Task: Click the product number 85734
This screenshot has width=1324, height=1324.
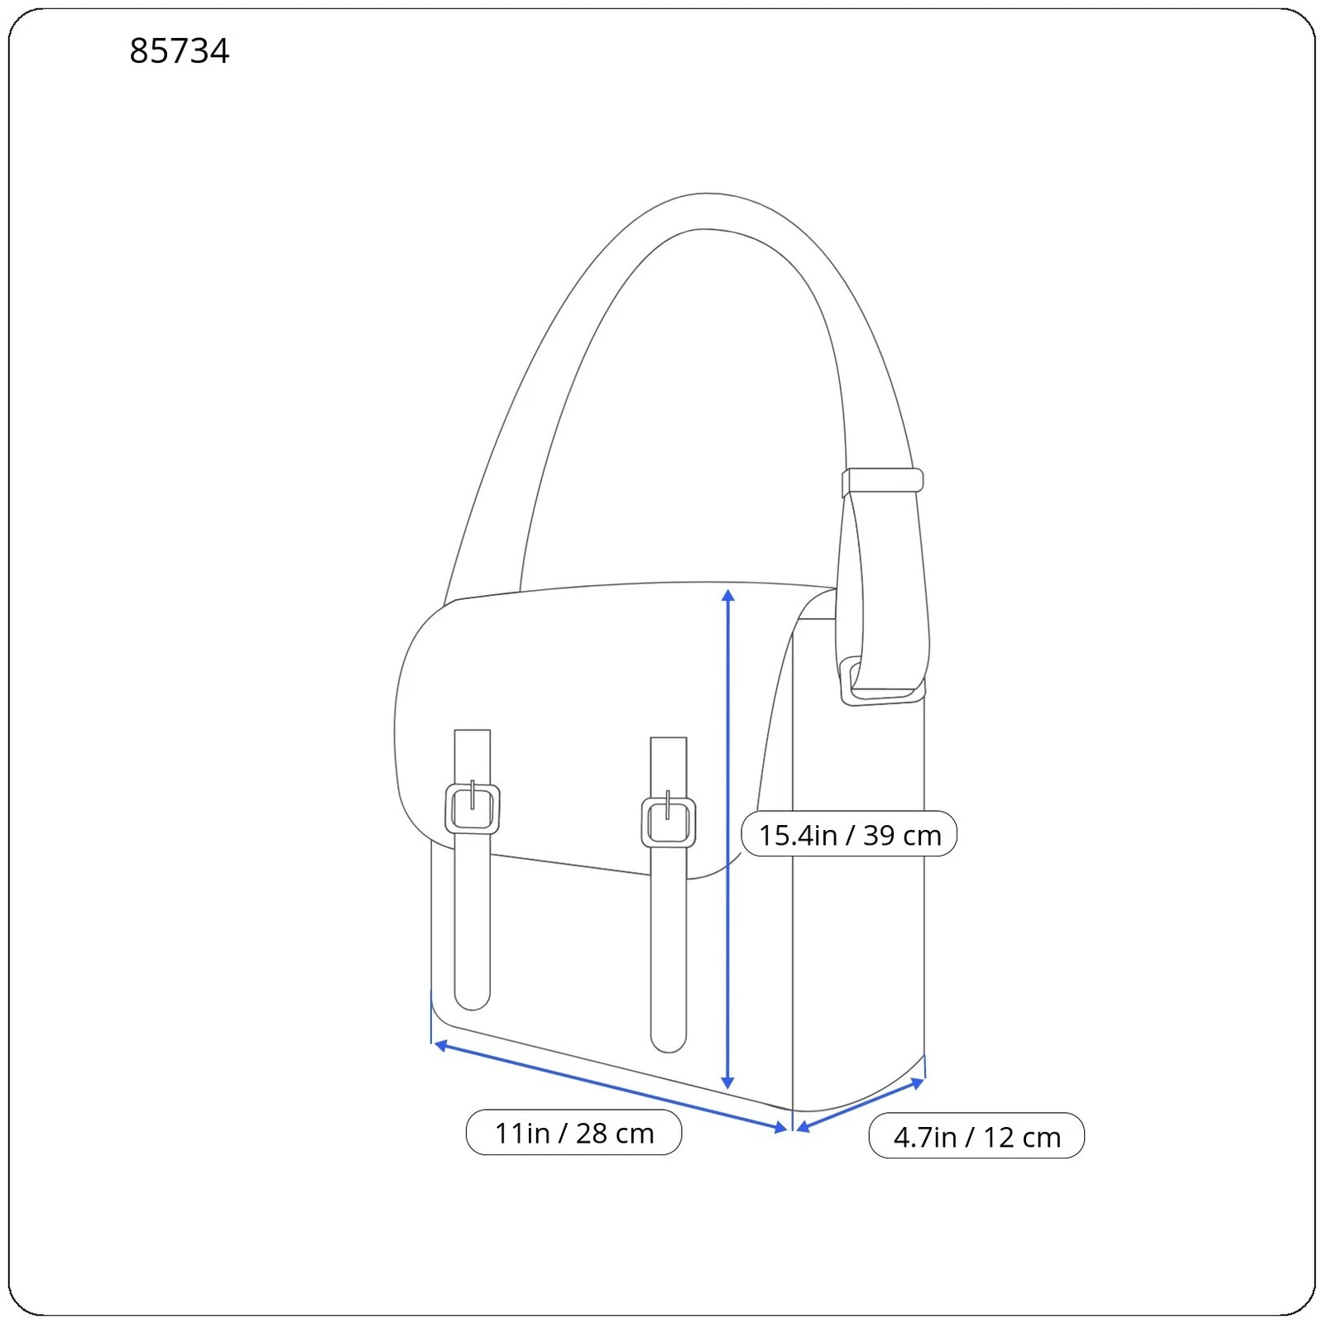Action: click(x=179, y=51)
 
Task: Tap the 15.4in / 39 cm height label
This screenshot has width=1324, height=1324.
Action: click(x=849, y=834)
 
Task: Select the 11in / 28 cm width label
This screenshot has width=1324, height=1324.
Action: click(x=573, y=1133)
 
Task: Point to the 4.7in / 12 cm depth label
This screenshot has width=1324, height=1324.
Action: click(x=976, y=1136)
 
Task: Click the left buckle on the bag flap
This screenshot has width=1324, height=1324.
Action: click(x=473, y=808)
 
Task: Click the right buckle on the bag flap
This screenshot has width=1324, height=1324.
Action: click(x=669, y=822)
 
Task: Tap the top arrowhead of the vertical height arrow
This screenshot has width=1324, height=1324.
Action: click(x=728, y=596)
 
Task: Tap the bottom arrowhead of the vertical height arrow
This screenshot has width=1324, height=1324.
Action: click(x=728, y=1082)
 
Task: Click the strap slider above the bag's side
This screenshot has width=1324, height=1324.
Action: click(x=882, y=481)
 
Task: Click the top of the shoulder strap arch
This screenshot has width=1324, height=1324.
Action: click(x=705, y=211)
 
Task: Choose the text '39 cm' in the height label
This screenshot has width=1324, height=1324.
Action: click(x=902, y=835)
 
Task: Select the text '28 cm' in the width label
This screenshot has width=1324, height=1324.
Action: click(x=615, y=1133)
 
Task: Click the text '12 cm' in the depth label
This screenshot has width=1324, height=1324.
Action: click(x=1022, y=1137)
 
